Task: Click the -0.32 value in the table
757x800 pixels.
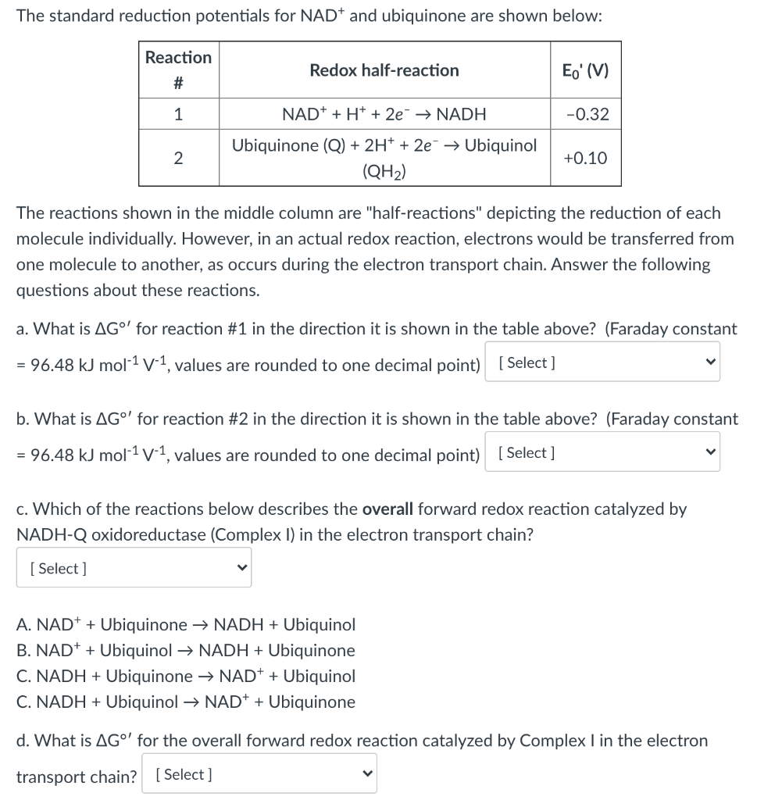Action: pos(586,114)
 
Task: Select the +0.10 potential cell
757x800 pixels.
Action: pos(586,158)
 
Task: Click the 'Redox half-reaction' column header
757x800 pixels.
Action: pos(384,70)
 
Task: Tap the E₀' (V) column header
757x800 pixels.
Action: pos(586,70)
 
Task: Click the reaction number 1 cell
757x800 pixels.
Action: pos(178,114)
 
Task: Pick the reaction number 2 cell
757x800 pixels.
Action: pos(178,158)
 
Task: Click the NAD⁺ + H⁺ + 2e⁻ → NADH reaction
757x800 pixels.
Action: pos(384,114)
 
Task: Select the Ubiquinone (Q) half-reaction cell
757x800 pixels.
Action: pos(384,158)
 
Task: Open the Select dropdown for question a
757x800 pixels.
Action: pos(602,362)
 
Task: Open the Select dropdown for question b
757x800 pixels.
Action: pos(602,453)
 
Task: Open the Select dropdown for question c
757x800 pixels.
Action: pos(134,568)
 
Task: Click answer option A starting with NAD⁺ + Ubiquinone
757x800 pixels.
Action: pos(186,624)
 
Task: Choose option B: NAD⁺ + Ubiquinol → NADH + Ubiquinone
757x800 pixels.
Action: pos(186,650)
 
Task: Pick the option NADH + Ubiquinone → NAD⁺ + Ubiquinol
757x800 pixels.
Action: pos(186,676)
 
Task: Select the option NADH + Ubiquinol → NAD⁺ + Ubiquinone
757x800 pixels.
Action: pos(186,702)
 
